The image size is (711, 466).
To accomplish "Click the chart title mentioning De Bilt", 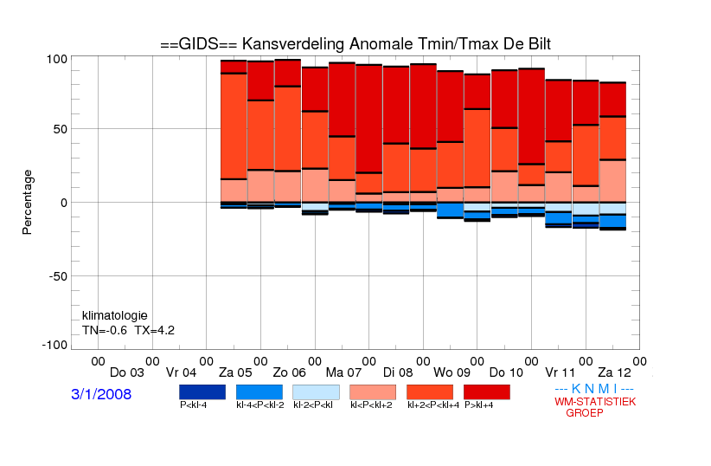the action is tap(355, 44).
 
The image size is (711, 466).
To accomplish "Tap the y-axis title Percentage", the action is tap(27, 202).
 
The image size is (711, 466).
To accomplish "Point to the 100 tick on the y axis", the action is tap(57, 59).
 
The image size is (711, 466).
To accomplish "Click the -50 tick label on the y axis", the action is tap(58, 276).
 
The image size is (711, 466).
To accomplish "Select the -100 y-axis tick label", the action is tap(54, 345).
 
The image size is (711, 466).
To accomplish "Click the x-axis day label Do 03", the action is tap(127, 373).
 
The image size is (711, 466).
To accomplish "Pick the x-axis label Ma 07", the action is tap(343, 373).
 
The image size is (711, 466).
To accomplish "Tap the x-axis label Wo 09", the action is tap(452, 373).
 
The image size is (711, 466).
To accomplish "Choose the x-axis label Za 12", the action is tap(614, 373).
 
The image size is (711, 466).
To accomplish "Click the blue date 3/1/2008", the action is tap(101, 394).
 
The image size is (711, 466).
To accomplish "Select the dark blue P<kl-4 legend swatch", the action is tap(202, 392).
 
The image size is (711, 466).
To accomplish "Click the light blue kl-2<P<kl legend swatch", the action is tap(316, 392).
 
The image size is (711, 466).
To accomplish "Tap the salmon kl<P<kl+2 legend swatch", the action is tap(373, 392).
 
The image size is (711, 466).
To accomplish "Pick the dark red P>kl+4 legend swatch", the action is tap(487, 392).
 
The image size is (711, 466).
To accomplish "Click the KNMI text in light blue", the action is tap(594, 389).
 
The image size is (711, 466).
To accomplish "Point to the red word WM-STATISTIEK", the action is tap(595, 402).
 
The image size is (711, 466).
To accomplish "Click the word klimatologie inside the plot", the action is tap(115, 315).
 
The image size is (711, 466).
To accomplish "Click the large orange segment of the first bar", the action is tap(234, 126).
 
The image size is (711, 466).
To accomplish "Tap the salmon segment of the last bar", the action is tap(613, 181).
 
